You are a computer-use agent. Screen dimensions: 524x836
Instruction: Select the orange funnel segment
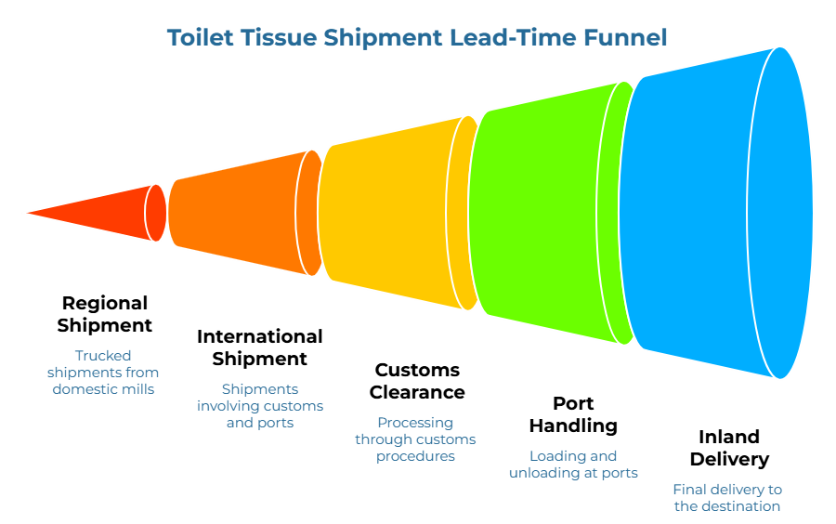(x=237, y=213)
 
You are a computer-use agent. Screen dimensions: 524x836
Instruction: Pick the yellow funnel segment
(x=390, y=213)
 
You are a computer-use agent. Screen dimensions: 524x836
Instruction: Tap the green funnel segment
(x=539, y=213)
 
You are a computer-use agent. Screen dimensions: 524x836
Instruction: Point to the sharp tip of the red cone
(x=24, y=213)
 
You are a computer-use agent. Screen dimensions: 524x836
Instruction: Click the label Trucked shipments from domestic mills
(x=103, y=372)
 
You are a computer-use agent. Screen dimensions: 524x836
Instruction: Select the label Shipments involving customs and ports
(x=260, y=406)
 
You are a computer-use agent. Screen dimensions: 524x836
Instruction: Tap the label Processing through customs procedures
(x=415, y=439)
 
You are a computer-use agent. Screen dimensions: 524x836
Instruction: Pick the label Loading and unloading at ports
(x=573, y=465)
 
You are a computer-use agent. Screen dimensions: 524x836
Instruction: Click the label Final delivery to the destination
(x=727, y=498)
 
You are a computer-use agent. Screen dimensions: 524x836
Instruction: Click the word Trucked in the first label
(x=103, y=355)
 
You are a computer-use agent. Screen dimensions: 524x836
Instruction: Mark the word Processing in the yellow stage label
(x=415, y=423)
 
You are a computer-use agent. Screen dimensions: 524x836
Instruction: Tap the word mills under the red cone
(x=136, y=388)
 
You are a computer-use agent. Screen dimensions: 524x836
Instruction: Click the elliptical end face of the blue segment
(x=781, y=213)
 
